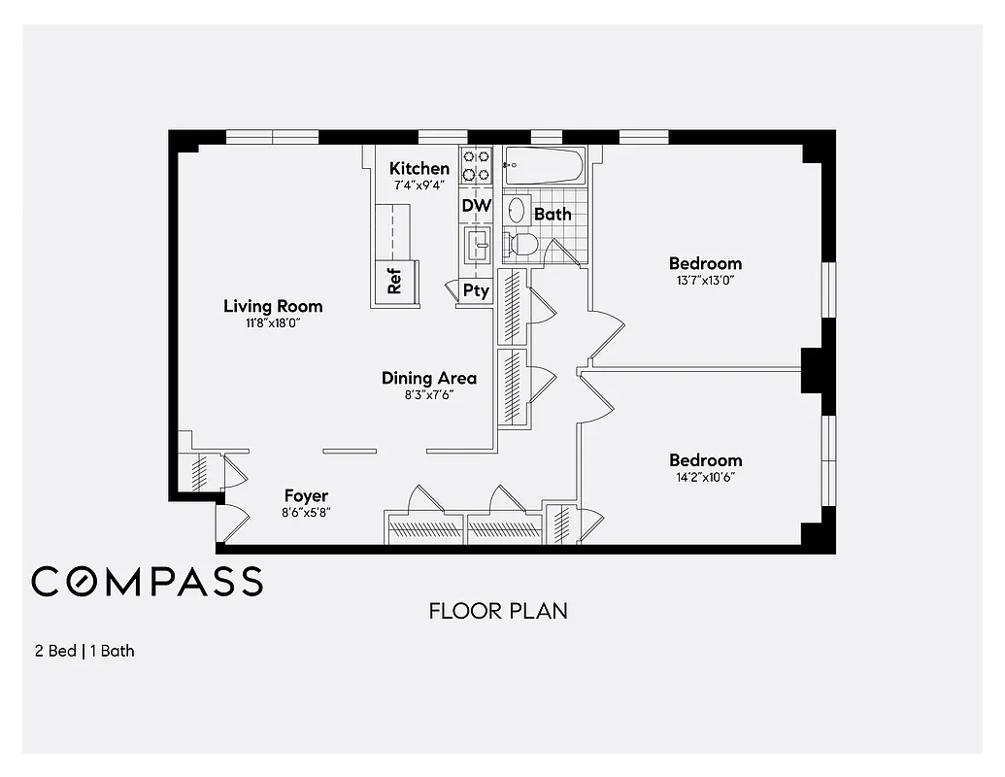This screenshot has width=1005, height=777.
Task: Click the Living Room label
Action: point(273,306)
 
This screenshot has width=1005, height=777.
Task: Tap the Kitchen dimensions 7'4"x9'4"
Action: point(419,185)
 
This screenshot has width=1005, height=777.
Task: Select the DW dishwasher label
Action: point(476,206)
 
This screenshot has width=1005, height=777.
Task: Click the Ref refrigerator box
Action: point(395,283)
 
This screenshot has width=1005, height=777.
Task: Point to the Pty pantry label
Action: point(476,290)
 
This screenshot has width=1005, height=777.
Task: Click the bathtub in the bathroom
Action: point(545,166)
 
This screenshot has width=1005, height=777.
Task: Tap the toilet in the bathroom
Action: point(522,245)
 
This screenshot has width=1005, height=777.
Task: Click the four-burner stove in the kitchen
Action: point(476,166)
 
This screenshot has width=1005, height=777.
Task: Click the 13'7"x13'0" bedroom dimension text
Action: point(705,281)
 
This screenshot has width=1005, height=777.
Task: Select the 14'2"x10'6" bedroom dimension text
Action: point(705,477)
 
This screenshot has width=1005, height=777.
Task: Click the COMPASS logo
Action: point(147,582)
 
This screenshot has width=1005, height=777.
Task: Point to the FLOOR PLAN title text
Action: point(498,611)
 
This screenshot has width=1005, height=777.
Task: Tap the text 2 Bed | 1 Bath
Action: point(84,651)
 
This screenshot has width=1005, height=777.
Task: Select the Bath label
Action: point(553,214)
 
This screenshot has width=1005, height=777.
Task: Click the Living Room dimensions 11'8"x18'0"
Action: point(273,323)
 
